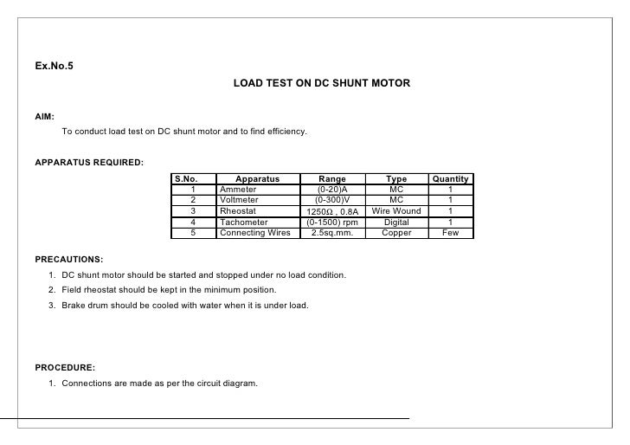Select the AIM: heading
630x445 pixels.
click(x=44, y=115)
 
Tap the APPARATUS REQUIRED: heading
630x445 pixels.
click(x=89, y=163)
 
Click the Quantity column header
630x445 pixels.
click(x=450, y=179)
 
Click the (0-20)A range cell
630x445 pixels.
click(x=332, y=190)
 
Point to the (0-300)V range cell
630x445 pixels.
click(x=332, y=200)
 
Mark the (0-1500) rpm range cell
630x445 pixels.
click(x=332, y=222)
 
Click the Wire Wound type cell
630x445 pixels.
click(x=396, y=211)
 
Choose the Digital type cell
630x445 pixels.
click(x=396, y=222)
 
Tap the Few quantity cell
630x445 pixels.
click(x=450, y=232)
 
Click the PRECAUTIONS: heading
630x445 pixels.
click(x=68, y=259)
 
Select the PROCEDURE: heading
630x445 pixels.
click(x=65, y=367)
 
